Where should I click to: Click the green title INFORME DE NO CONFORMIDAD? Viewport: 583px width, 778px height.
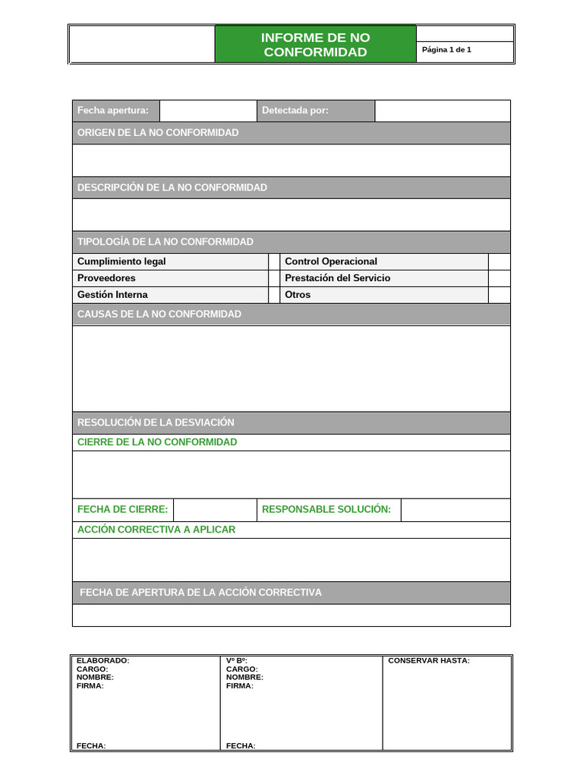click(x=315, y=45)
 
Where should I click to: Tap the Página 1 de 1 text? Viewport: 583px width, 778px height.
click(x=446, y=50)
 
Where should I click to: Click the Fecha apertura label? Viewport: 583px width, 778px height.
click(x=113, y=111)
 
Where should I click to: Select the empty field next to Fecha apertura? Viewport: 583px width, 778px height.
click(x=208, y=111)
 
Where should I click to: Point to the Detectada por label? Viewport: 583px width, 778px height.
click(x=295, y=111)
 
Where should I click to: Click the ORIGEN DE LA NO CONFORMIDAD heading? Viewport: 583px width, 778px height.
click(x=158, y=133)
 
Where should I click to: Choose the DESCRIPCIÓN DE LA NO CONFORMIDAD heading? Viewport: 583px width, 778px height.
click(x=172, y=188)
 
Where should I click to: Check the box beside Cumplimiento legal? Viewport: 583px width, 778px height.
click(x=274, y=261)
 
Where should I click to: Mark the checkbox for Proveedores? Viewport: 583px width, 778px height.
click(x=274, y=278)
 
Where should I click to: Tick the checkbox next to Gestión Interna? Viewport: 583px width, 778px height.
click(x=274, y=295)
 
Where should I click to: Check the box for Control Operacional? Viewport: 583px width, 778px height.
click(x=499, y=261)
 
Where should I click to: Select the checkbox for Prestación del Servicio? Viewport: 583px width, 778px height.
click(x=499, y=278)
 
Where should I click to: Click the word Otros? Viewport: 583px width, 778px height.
click(x=298, y=295)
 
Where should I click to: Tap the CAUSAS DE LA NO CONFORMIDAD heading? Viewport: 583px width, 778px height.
click(x=159, y=315)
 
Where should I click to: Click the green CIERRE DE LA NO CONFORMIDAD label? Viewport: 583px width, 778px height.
click(x=157, y=442)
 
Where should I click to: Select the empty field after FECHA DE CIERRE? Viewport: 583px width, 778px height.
click(x=215, y=510)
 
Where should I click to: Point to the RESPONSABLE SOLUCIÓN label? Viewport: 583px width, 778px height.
click(x=326, y=510)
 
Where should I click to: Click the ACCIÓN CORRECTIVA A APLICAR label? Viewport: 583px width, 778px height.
click(x=156, y=530)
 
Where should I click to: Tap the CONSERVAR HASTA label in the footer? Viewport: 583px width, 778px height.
click(x=429, y=661)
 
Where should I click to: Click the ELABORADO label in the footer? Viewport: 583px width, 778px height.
click(x=102, y=661)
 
